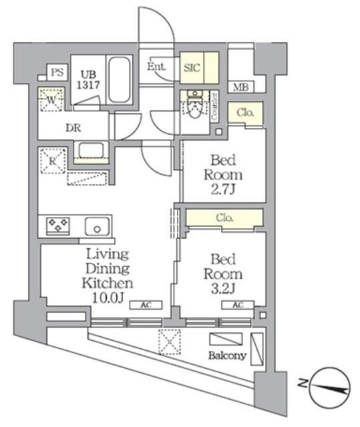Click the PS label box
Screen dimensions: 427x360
tap(57, 73)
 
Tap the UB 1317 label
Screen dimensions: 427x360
tap(89, 79)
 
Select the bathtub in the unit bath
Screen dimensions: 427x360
tap(121, 79)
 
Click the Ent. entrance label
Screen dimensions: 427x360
tap(156, 66)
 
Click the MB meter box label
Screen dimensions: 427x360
tap(239, 87)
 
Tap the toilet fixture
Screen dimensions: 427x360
tap(195, 107)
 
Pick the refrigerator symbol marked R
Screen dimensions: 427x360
tap(51, 160)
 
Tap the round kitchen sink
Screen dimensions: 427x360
tap(98, 228)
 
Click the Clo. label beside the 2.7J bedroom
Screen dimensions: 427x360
tap(245, 113)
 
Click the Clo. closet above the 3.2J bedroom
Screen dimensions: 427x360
tap(224, 218)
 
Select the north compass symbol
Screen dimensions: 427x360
tap(330, 385)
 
